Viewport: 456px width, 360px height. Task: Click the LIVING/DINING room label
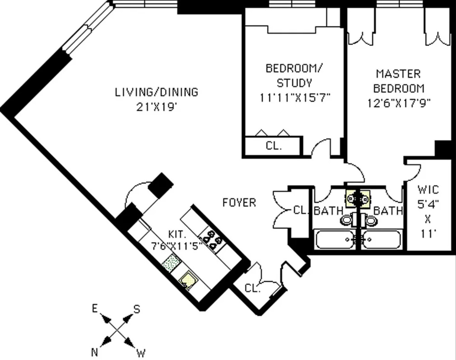point(156,92)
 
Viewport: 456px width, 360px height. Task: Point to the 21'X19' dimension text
point(156,107)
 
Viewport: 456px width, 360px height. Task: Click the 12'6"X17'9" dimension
point(399,103)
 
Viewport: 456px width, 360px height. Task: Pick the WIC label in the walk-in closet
point(428,189)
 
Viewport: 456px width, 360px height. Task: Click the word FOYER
point(239,203)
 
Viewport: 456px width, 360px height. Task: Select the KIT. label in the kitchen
point(177,234)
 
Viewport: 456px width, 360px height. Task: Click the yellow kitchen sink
point(187,279)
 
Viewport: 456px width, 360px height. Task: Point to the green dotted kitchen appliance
point(171,263)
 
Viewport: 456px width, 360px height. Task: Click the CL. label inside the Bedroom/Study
point(274,146)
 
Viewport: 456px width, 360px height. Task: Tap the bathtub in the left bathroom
point(335,239)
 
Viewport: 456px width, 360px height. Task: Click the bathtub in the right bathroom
point(381,239)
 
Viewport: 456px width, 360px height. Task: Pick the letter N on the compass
point(94,352)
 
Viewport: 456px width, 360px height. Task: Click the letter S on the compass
point(137,309)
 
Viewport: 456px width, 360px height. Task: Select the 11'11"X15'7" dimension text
point(295,98)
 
